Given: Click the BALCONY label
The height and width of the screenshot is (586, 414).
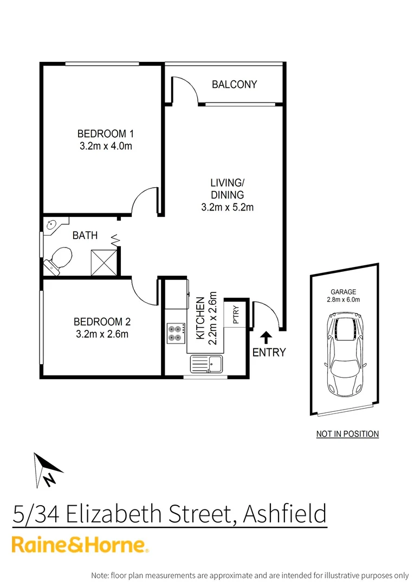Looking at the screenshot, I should [x=234, y=85].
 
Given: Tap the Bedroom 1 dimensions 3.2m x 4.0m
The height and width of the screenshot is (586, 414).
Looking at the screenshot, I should [x=106, y=145].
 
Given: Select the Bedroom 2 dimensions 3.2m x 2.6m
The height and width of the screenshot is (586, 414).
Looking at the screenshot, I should [x=102, y=334].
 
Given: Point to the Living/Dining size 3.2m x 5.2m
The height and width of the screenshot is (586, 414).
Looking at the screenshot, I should [x=227, y=207].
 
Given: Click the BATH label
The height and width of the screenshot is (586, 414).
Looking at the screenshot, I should [x=86, y=235].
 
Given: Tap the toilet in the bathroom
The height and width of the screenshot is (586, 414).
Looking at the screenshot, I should [x=59, y=260].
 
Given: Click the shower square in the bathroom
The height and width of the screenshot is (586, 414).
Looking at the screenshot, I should [x=104, y=262].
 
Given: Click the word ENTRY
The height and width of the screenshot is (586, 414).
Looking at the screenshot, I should [x=269, y=353].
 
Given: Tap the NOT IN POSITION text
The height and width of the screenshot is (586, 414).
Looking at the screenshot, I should [x=347, y=434].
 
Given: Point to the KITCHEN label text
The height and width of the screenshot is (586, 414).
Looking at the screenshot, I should [x=200, y=318].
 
